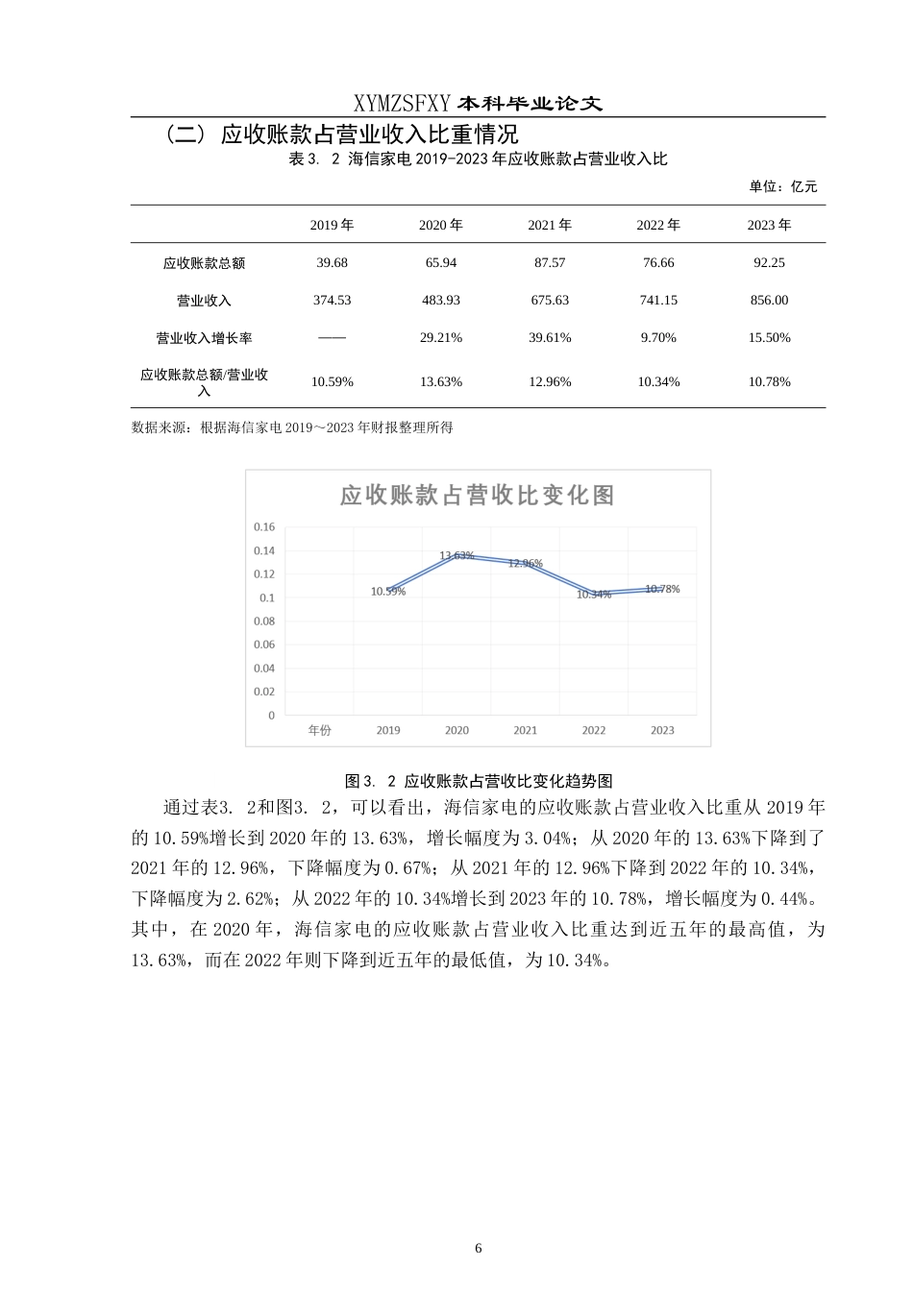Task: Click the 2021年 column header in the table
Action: click(550, 225)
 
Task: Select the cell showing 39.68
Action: click(332, 262)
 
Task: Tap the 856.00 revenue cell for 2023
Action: click(769, 300)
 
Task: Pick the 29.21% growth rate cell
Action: click(441, 337)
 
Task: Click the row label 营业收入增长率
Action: click(204, 338)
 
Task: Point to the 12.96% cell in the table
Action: click(550, 381)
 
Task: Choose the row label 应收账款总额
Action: click(204, 263)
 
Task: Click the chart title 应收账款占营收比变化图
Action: click(477, 495)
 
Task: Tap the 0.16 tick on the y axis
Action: click(264, 526)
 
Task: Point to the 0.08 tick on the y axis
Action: click(264, 621)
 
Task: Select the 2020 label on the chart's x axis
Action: click(456, 730)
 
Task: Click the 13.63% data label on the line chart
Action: click(456, 555)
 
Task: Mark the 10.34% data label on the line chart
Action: click(594, 595)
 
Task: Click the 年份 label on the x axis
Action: click(319, 730)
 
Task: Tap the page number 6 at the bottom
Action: click(478, 1248)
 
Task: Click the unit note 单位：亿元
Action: click(783, 186)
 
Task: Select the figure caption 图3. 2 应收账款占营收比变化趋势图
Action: click(478, 781)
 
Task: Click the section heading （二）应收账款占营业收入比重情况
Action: click(341, 134)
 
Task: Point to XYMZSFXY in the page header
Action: click(402, 104)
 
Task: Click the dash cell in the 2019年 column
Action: click(332, 338)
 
